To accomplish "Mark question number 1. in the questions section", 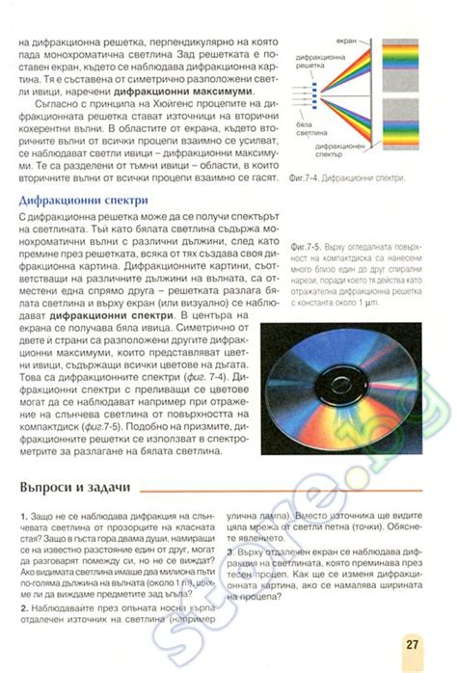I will click(23, 519).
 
